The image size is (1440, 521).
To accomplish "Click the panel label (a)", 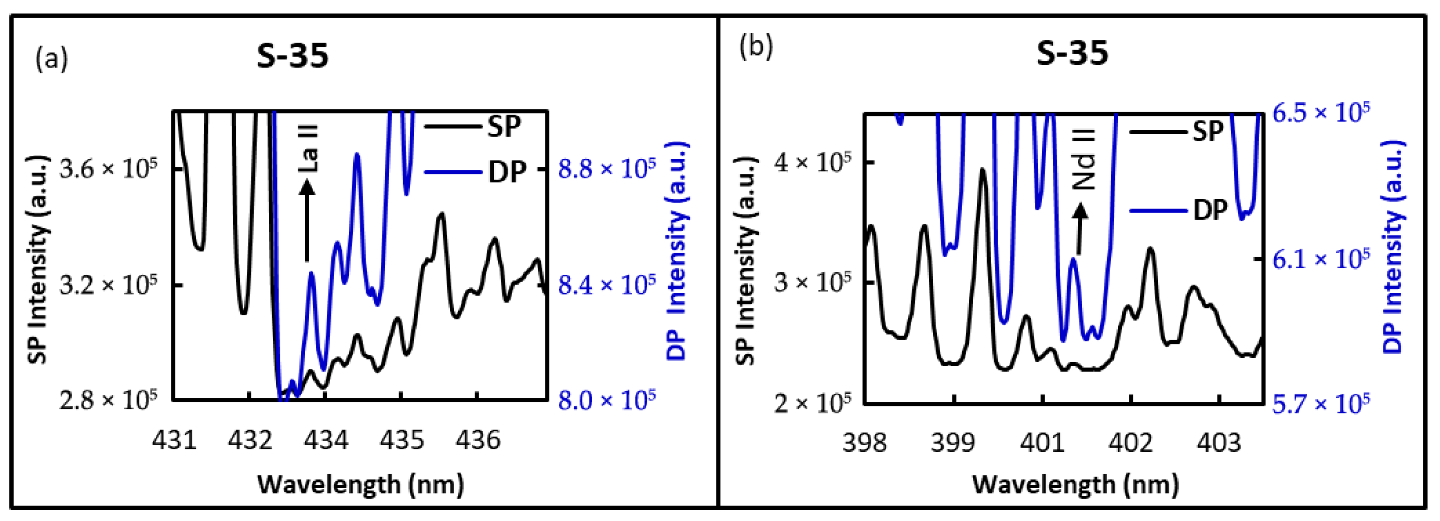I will point(51,58).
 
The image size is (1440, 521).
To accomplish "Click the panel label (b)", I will point(756,46).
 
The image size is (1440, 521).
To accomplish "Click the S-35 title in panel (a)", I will point(292,56).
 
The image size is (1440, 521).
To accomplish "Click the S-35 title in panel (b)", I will point(1072,54).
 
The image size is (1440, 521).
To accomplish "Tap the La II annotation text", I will point(308,148).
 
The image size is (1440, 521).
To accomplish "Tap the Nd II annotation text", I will point(1084,159).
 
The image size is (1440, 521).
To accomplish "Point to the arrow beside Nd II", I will point(1080,229).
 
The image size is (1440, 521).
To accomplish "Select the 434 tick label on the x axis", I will point(326,440).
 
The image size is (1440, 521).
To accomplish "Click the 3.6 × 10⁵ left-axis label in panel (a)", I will point(109,168).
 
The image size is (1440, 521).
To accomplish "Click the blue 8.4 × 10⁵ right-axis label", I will point(607,285).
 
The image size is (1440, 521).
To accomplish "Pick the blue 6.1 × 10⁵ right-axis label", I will point(1321,259).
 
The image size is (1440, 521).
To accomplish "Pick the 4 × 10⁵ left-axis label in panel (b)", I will point(811,163).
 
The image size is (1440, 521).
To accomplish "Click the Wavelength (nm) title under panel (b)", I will point(1075,484).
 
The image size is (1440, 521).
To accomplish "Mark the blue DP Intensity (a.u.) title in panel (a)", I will point(677,251).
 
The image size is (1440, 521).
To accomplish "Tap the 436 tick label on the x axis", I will point(477,440).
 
